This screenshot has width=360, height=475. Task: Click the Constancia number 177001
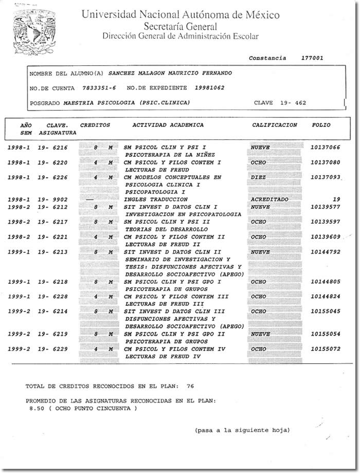coord(312,58)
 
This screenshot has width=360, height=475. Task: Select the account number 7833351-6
coord(99,88)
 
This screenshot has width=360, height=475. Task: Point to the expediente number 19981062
coord(209,88)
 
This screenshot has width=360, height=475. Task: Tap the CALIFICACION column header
coord(275,125)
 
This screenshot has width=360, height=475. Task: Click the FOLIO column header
coord(321,125)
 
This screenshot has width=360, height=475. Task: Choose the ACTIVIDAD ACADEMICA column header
coord(168,125)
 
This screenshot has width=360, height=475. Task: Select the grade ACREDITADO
coord(269,199)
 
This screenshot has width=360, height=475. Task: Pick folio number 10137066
coord(325,148)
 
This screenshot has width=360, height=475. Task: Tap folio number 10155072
coord(325,349)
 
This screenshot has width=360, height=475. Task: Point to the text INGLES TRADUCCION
coord(156,199)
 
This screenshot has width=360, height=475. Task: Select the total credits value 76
coord(190,385)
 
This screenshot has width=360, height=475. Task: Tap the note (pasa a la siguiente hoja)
coord(242,430)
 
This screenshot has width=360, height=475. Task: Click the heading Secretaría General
coord(180,26)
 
